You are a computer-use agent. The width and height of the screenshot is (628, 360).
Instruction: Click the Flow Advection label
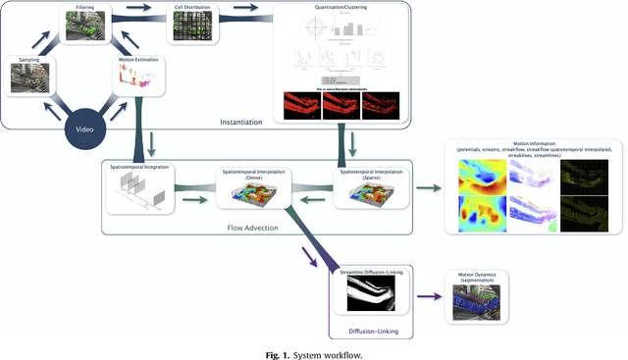[257, 227]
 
